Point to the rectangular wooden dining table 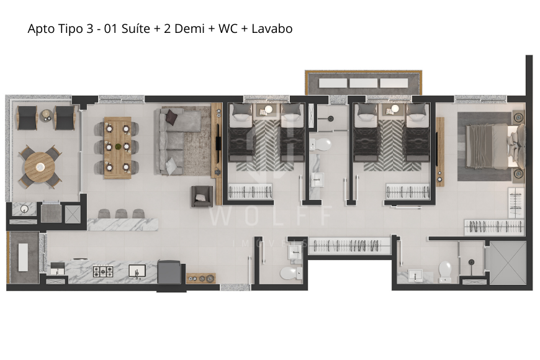pos(117,147)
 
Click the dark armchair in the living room pos(201,197)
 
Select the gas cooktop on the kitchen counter pos(102,271)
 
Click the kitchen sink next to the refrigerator pos(137,271)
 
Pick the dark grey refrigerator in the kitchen pos(170,273)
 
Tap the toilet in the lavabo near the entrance pos(288,272)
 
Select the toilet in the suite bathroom pos(445,270)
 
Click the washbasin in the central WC pos(318,180)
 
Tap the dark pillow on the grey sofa pos(171,115)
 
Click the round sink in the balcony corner pos(24,209)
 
